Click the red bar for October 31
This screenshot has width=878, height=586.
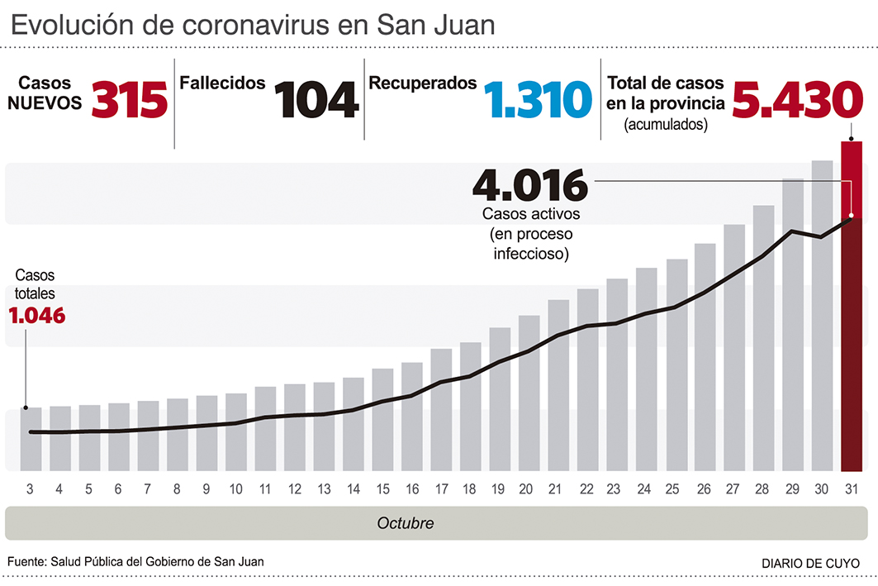(x=852, y=306)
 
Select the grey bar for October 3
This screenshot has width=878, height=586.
(x=31, y=439)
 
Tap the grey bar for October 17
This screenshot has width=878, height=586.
(x=441, y=409)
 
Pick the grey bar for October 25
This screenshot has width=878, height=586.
(x=676, y=364)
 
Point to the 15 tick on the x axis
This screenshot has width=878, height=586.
(x=382, y=488)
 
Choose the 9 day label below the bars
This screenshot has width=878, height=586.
(x=206, y=488)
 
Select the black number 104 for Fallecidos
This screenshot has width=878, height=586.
(x=316, y=99)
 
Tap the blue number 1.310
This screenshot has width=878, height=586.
(x=539, y=99)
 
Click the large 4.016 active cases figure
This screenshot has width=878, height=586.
(x=529, y=185)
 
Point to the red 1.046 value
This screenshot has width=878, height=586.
(x=36, y=315)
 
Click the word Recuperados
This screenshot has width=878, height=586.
(x=422, y=83)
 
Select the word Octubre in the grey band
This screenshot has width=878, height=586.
(x=405, y=523)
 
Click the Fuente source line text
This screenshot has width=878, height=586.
(x=135, y=561)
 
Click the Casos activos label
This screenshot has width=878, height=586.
(x=531, y=213)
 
